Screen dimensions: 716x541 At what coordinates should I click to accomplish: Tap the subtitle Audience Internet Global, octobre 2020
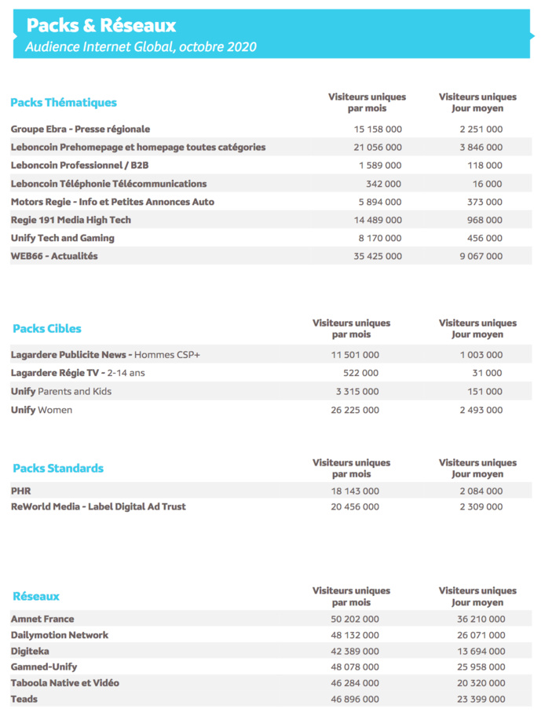click(x=141, y=47)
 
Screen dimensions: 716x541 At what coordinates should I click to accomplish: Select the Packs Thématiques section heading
click(x=64, y=102)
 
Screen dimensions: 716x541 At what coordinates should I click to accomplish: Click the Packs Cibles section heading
click(x=47, y=328)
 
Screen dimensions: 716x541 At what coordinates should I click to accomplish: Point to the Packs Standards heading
click(x=58, y=468)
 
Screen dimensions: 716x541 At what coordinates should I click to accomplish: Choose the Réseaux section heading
click(x=36, y=596)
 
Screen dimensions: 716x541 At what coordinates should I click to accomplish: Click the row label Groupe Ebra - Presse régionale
click(x=80, y=129)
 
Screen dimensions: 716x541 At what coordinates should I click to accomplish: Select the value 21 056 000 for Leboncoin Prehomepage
click(x=378, y=147)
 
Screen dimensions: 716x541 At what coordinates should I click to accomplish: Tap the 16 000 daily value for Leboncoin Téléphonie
click(x=488, y=184)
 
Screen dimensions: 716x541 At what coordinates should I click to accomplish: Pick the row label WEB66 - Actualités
click(x=54, y=256)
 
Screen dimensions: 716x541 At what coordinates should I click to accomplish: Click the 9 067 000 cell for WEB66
click(x=481, y=256)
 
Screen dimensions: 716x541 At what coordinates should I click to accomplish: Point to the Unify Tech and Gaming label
click(x=62, y=238)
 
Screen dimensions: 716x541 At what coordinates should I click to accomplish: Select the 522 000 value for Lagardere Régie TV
click(x=360, y=373)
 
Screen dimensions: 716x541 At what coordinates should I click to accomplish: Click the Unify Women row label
click(x=41, y=410)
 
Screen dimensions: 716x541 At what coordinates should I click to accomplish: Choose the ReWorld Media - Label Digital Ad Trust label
click(x=98, y=506)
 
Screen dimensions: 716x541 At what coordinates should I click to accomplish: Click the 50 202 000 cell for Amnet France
click(x=355, y=619)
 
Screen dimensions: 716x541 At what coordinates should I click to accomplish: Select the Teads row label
click(x=24, y=699)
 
